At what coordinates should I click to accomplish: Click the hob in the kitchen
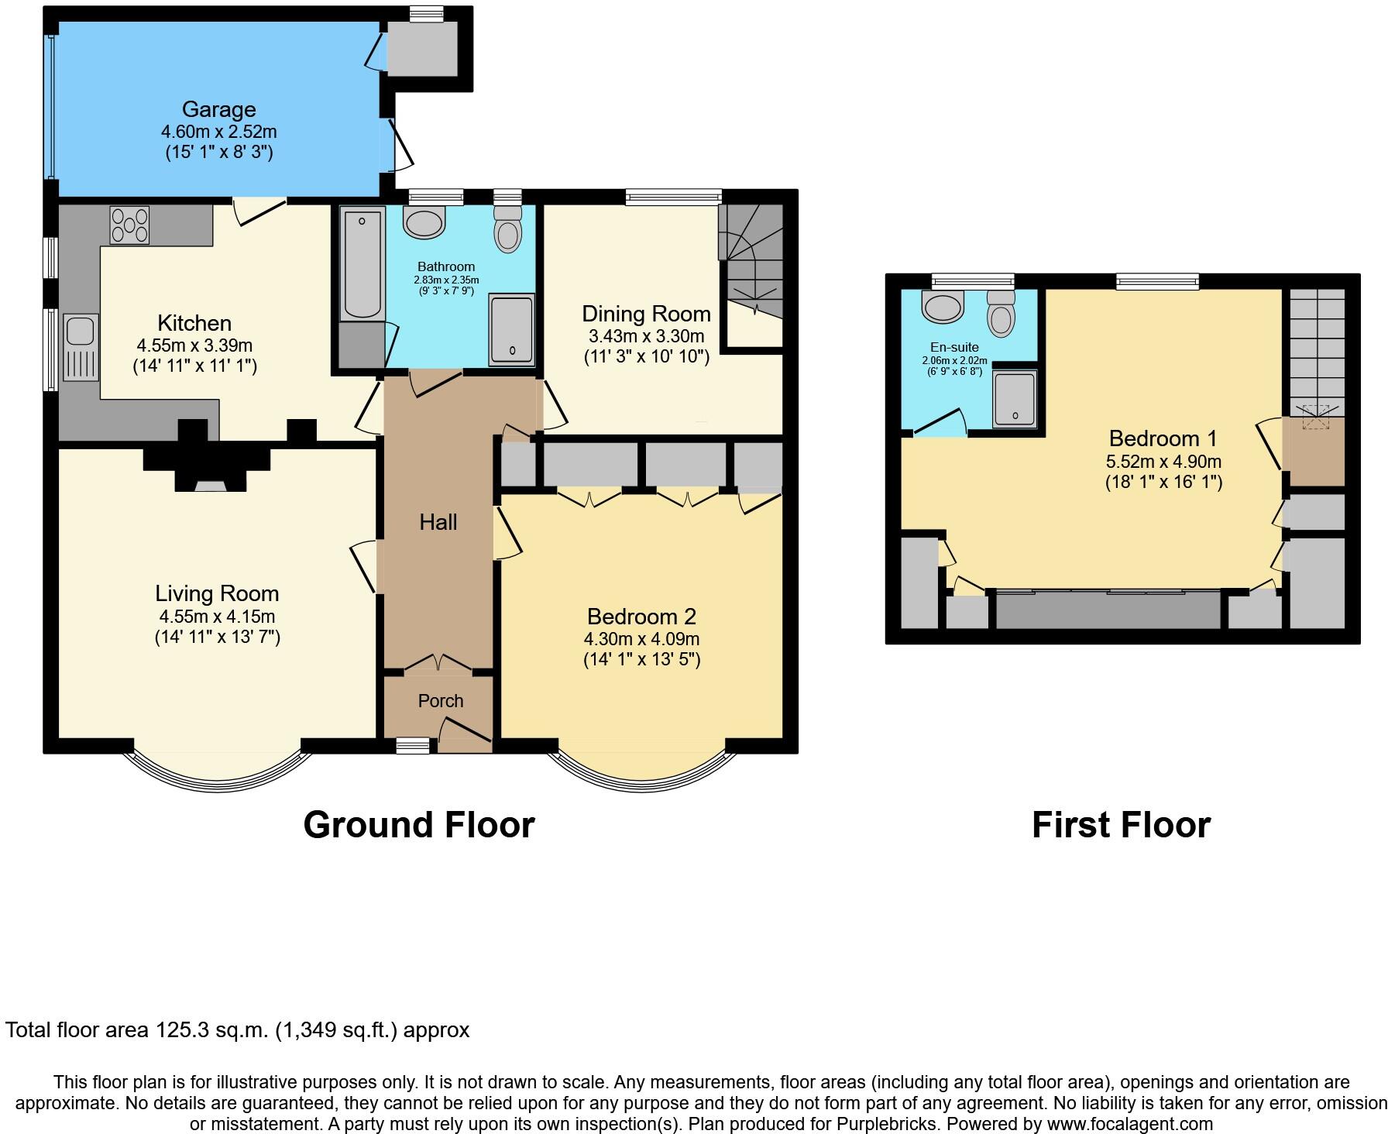pos(130,225)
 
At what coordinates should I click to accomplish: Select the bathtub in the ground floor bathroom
pos(362,263)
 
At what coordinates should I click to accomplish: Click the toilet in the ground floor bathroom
pos(508,228)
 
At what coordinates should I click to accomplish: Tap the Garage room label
pos(218,109)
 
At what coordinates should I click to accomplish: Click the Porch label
pos(441,701)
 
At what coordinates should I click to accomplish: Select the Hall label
pos(438,523)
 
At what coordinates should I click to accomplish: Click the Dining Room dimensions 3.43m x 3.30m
pos(646,336)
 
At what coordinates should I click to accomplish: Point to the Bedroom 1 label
pos(1163,438)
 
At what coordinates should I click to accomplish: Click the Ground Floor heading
pos(419,825)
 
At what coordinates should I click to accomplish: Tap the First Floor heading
pos(1121,825)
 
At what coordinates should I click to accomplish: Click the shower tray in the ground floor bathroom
pos(511,329)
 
